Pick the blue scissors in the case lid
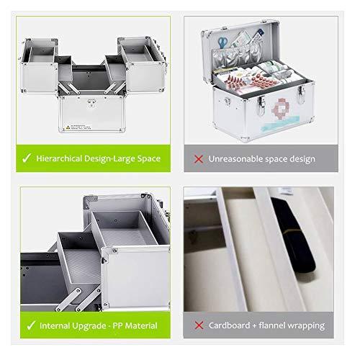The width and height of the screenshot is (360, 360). coord(223,42)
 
